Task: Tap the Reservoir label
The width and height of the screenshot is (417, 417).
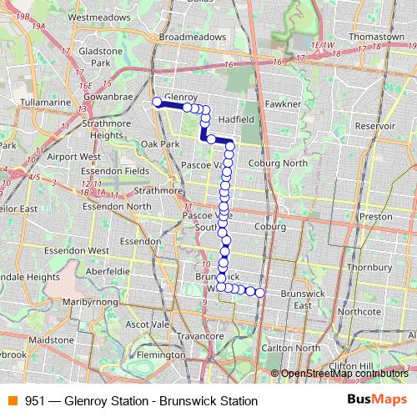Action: coord(374,125)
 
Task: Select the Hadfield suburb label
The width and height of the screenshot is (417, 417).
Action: coord(236,119)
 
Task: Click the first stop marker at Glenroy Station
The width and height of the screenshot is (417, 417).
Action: coord(156,103)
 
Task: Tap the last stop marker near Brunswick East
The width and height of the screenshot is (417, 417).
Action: coord(260,292)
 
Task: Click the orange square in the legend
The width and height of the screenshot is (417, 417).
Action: coord(13,400)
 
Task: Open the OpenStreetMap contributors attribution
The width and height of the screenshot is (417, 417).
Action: coord(345,373)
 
